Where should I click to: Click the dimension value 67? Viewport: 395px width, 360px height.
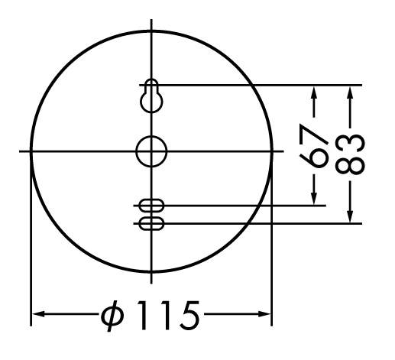(314, 146)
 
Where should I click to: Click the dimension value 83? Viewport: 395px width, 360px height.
(350, 154)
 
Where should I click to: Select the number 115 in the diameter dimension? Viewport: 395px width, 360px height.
(168, 315)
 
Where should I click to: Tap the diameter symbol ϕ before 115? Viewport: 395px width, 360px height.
(112, 316)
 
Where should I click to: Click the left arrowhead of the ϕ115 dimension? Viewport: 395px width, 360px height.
(38, 314)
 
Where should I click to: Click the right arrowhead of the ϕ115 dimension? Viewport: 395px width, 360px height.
(264, 314)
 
